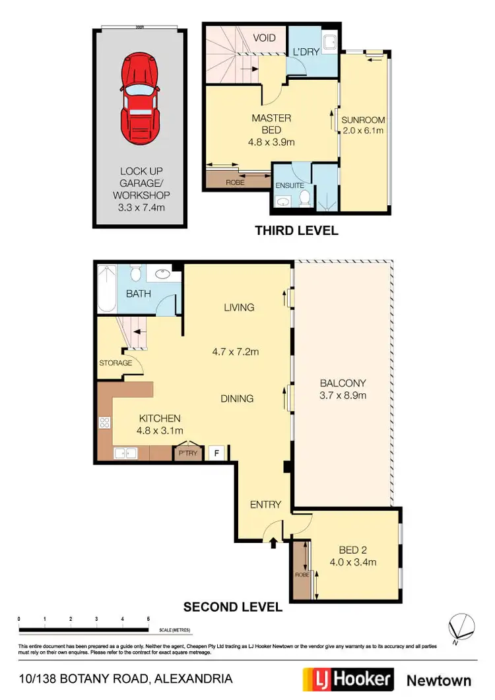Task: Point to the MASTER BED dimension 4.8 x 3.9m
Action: coord(271,142)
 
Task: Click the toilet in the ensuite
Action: coord(305,197)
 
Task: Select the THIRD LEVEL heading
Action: coord(296,231)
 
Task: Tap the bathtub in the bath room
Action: coord(106,288)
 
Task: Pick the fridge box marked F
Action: coord(214,453)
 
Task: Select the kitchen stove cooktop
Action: coord(104,423)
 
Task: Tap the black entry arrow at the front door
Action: coord(274,543)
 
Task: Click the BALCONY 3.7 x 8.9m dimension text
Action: coord(343,396)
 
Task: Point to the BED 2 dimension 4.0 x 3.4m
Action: coord(352,563)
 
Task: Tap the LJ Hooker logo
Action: coord(347,680)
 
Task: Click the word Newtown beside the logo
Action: coord(438,680)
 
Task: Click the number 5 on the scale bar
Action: coord(147,618)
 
